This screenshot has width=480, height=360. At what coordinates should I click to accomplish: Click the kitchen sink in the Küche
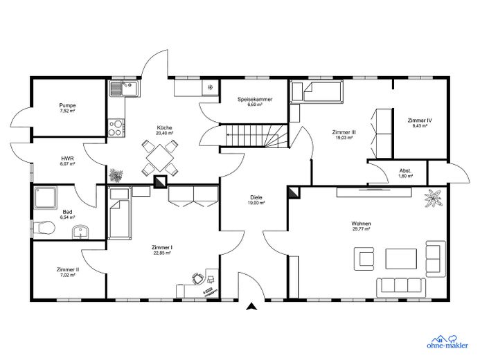tap(125, 89)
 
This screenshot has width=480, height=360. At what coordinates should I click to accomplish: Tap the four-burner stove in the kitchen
tap(116, 128)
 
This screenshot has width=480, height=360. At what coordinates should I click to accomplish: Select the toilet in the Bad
tap(44, 228)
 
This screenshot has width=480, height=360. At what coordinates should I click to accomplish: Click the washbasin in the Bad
tap(80, 232)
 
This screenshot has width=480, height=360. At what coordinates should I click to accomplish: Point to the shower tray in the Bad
tap(45, 197)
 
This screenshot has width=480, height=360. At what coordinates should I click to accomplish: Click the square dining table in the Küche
tap(160, 158)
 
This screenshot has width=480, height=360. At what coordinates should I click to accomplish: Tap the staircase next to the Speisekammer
tap(256, 136)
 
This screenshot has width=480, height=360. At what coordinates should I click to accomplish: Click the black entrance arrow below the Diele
tap(251, 307)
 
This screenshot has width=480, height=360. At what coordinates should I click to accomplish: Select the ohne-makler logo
tap(447, 342)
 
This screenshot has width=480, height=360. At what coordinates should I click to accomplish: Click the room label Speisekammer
tap(255, 100)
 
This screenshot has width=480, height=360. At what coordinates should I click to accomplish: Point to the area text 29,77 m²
tap(362, 228)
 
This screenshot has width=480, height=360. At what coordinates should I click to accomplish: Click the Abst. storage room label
tap(405, 171)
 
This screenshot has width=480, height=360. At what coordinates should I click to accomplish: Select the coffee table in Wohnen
tap(401, 259)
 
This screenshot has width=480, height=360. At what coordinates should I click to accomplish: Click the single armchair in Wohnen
tap(364, 259)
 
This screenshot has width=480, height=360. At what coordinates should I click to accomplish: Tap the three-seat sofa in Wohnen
tap(401, 287)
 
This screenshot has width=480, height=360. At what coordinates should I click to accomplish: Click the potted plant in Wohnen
tap(432, 198)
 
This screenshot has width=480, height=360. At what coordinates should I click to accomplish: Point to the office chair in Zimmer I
tap(197, 278)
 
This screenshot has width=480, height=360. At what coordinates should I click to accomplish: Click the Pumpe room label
tap(67, 105)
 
